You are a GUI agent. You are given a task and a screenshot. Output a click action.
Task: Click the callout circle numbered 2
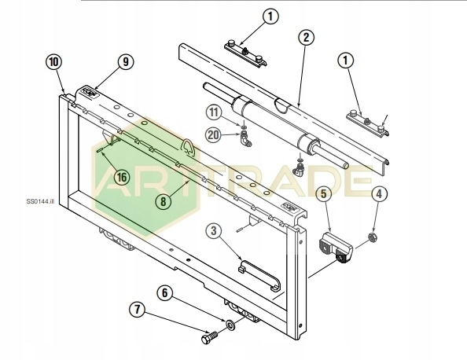pos(306,38)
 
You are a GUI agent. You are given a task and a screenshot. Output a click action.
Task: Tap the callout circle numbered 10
pos(54,62)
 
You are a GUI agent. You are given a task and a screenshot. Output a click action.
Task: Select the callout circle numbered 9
pos(126,61)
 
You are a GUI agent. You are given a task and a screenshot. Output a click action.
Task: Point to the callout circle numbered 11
pos(214,112)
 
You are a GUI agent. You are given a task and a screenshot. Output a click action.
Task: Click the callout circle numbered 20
pos(213,135)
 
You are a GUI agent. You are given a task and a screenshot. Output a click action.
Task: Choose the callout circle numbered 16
pos(122,178)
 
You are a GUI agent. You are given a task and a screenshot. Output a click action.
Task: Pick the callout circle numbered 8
pos(164,201)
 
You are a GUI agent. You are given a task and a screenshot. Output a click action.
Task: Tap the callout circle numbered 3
pos(214,231)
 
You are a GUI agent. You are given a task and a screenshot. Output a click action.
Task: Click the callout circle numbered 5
pos(323,194)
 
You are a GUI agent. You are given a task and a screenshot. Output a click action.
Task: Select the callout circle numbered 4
pos(379,194)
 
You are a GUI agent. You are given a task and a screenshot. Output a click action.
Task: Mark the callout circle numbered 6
pos(164,293)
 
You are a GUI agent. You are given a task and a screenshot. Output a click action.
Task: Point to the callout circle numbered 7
pos(138,310)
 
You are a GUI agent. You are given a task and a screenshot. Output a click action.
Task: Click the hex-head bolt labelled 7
pos(210,338)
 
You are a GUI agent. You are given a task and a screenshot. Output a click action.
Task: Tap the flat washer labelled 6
pos(230,325)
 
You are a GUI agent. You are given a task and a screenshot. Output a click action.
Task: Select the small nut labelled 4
pos(373,237)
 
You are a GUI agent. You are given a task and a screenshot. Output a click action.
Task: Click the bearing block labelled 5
pos(336,248)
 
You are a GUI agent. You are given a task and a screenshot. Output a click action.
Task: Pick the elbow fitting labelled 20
pos(245,139)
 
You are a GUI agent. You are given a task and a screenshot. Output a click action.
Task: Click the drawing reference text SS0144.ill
pos(40,201)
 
